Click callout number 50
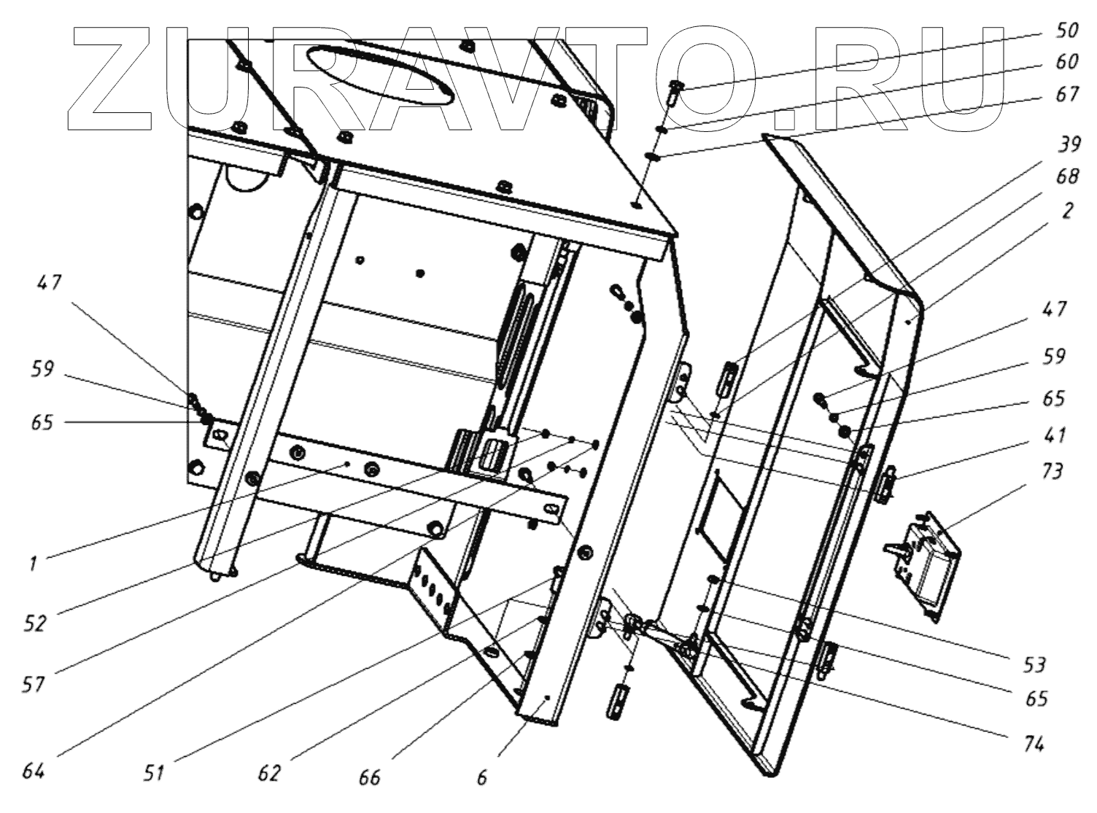pos(1066,30)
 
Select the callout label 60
pos(1066,61)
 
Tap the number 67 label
pos(1066,94)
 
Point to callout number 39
pos(1069,144)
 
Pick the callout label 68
pos(1068,177)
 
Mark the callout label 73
pos(1052,471)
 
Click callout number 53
pos(1034,664)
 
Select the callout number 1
pos(33,564)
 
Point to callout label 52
pos(34,623)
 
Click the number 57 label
pos(34,684)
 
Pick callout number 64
pos(34,771)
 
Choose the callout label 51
pos(154,773)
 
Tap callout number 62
pos(269,773)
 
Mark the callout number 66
pos(370,777)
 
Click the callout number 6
pos(482,778)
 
